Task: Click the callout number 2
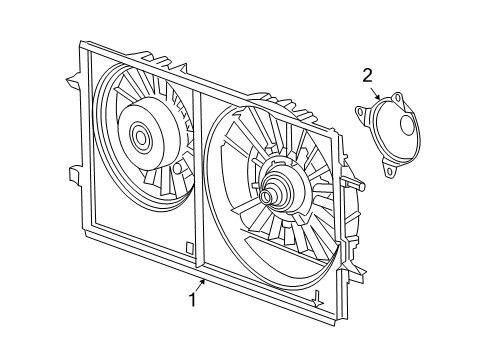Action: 367,74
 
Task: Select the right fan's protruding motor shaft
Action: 266,196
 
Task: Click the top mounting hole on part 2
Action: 397,98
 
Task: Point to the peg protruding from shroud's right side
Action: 357,185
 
